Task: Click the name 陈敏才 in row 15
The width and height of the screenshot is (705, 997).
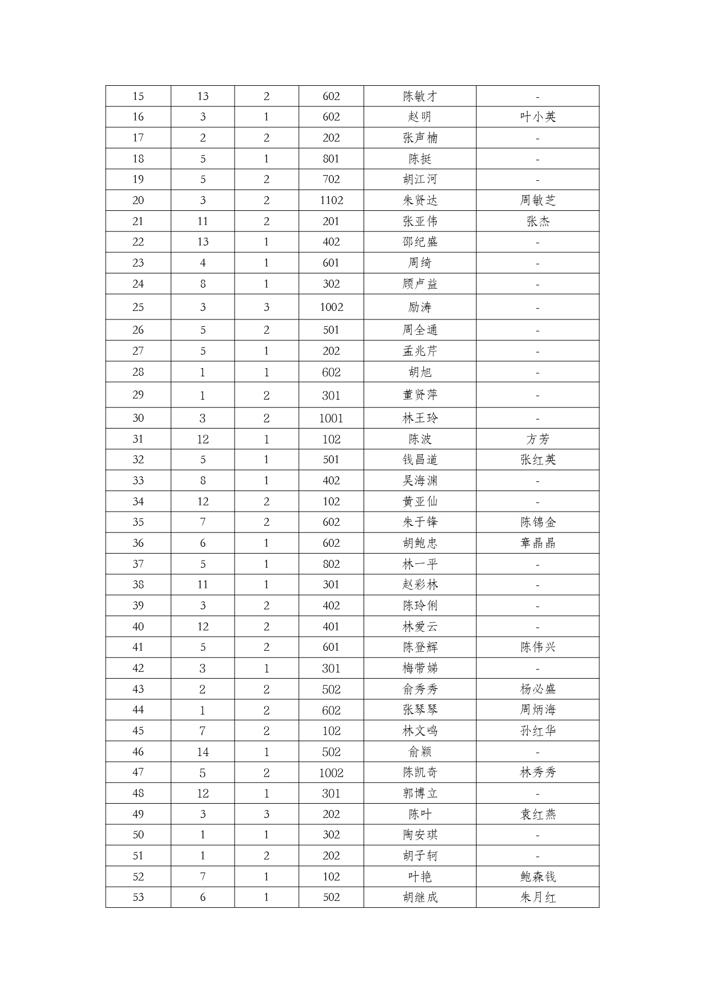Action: pyautogui.click(x=420, y=96)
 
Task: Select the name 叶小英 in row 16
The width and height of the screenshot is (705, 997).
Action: pyautogui.click(x=537, y=117)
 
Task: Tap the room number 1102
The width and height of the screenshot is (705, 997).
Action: pyautogui.click(x=331, y=200)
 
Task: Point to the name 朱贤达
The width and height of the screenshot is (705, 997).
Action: pyautogui.click(x=420, y=200)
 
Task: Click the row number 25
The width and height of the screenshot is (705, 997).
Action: pyautogui.click(x=138, y=307)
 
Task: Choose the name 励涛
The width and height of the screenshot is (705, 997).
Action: pyautogui.click(x=420, y=307)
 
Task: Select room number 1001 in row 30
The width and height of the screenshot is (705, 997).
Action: pyautogui.click(x=331, y=418)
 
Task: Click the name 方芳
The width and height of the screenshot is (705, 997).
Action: pyautogui.click(x=537, y=439)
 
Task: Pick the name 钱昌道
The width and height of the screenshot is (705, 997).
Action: pyautogui.click(x=420, y=459)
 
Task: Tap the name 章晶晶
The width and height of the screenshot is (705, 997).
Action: pyautogui.click(x=537, y=543)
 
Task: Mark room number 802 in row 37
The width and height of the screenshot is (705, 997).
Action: pyautogui.click(x=331, y=564)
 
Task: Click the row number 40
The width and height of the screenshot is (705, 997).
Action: pyautogui.click(x=138, y=626)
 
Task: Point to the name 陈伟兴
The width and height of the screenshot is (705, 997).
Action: pyautogui.click(x=537, y=647)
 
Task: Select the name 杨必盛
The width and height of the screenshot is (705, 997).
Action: pyautogui.click(x=537, y=689)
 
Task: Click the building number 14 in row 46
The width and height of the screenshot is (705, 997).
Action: pyautogui.click(x=203, y=751)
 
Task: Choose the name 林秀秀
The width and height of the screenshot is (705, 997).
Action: pyautogui.click(x=537, y=772)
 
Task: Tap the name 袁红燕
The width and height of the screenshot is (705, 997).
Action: pyautogui.click(x=537, y=814)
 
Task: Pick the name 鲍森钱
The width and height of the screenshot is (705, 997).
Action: pyautogui.click(x=537, y=876)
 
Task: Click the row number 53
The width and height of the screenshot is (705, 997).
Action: pyautogui.click(x=138, y=897)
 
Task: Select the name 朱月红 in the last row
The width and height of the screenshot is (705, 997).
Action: pyautogui.click(x=537, y=897)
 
